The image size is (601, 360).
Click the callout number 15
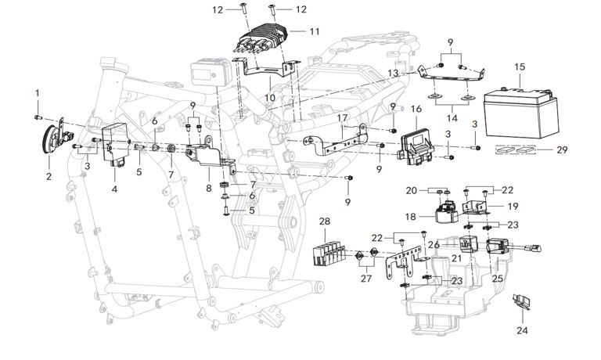[520, 67]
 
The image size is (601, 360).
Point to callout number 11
[315, 32]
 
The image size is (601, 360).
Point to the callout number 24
[523, 331]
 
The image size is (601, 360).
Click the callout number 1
[36, 94]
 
